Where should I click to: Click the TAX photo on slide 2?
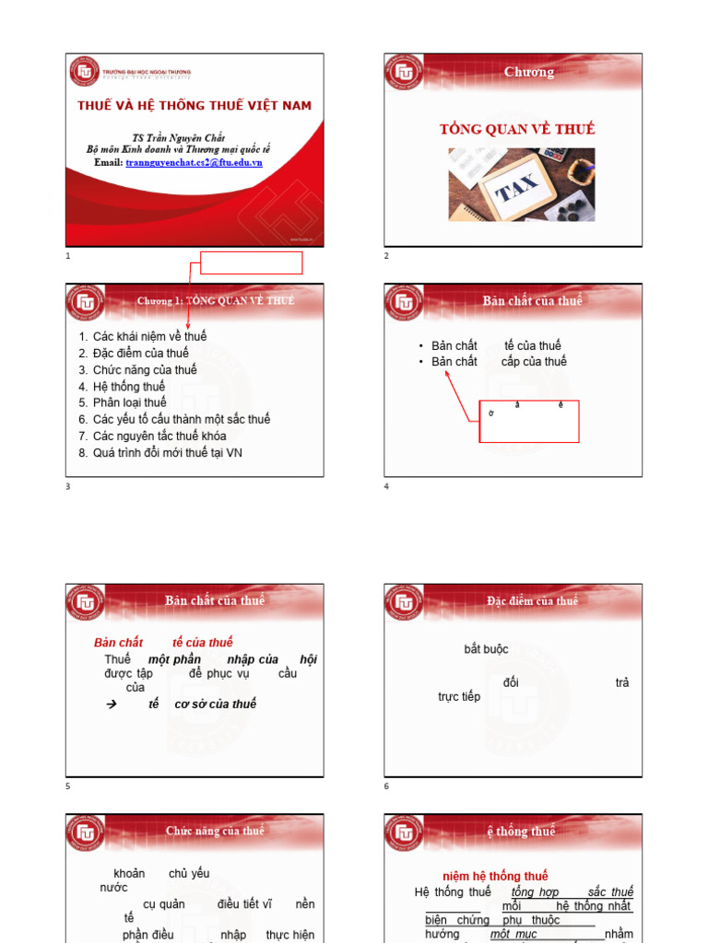(x=521, y=184)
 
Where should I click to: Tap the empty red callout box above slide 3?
(x=251, y=262)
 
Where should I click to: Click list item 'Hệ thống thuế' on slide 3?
(x=128, y=387)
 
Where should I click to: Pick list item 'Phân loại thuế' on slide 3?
(x=129, y=402)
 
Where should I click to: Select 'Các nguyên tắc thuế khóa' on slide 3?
(x=159, y=436)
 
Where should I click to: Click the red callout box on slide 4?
(x=529, y=421)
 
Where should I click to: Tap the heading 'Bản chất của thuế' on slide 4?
(x=532, y=301)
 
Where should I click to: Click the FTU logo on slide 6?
(x=403, y=602)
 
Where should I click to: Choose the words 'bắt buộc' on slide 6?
(x=486, y=649)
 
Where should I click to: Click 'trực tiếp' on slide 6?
(x=459, y=697)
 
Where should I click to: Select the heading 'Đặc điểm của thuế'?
(x=532, y=601)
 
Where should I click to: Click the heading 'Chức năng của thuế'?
(x=215, y=831)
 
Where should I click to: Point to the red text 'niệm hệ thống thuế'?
(x=495, y=876)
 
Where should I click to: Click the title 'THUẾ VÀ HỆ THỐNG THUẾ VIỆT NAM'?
(x=195, y=106)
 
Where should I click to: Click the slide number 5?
(x=68, y=786)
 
